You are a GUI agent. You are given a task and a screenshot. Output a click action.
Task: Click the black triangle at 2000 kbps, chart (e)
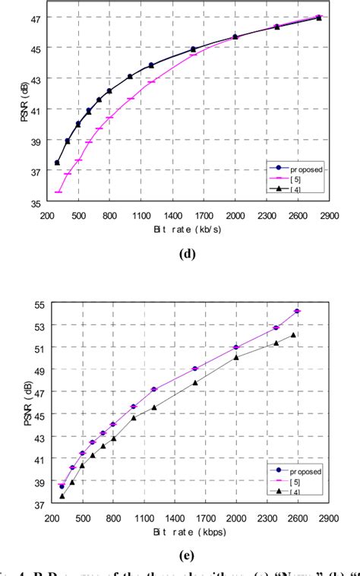236,357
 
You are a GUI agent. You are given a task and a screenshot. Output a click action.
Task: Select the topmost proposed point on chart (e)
298,311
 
